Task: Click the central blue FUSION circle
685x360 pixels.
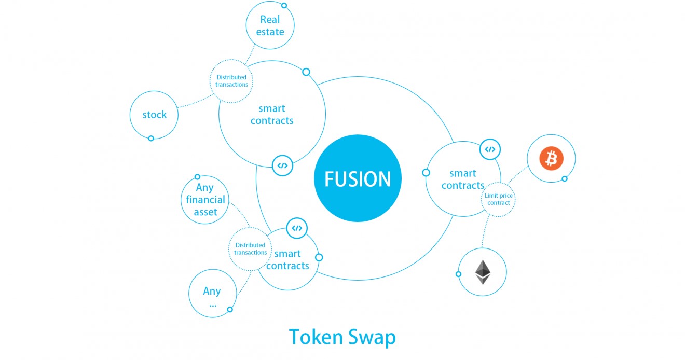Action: click(358, 178)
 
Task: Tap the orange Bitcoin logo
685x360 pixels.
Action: click(551, 159)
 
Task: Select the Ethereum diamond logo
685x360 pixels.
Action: click(483, 272)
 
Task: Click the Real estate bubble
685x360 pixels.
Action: click(270, 25)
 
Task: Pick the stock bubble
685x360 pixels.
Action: click(155, 115)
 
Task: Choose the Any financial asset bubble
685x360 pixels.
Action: click(205, 200)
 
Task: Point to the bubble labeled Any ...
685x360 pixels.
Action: click(212, 293)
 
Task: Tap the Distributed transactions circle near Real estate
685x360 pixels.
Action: click(231, 81)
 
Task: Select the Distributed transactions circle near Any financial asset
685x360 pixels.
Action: click(250, 248)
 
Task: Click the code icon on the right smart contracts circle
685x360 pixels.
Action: click(489, 149)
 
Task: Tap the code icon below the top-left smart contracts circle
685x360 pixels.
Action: click(282, 165)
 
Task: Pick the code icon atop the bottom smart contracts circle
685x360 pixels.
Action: click(297, 228)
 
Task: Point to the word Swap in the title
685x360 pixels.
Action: click(372, 337)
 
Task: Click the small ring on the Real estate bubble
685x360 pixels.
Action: click(284, 6)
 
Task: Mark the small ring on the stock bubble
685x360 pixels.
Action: click(151, 139)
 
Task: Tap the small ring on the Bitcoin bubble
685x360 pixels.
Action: click(565, 179)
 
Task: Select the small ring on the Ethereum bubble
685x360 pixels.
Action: click(458, 274)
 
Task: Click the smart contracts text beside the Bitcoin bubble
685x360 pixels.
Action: click(462, 179)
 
